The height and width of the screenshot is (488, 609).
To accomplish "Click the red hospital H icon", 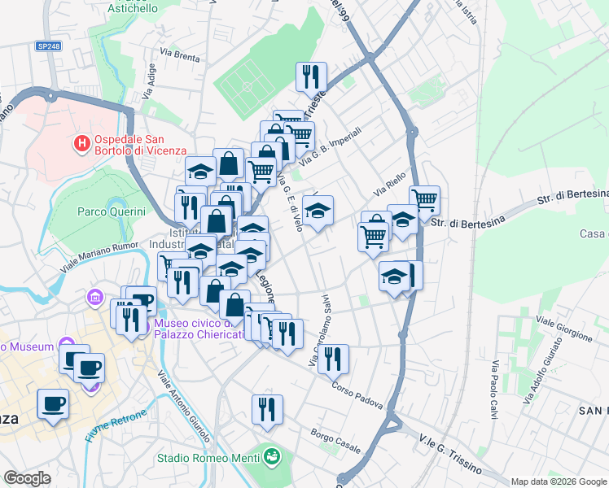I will coord(81,144).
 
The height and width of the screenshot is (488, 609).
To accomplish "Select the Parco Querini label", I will coord(112,211).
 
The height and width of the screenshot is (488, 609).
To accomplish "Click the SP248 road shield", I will coord(48,46).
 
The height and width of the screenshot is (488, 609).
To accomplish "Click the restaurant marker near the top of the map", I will coord(311,77).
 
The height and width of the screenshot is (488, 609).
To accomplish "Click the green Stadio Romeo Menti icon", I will coord(272,457).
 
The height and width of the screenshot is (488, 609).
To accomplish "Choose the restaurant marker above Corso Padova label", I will coord(333,359).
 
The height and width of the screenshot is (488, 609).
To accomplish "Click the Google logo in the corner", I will coord(27,478).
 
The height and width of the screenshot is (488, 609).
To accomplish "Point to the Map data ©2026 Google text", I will coord(558,481).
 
